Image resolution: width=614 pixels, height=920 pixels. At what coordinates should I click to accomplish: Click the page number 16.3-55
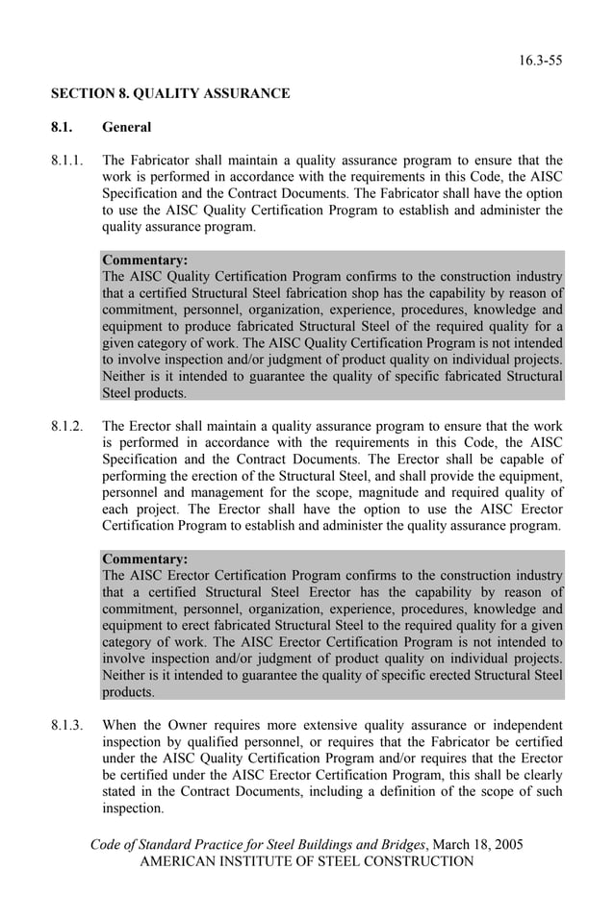(x=541, y=61)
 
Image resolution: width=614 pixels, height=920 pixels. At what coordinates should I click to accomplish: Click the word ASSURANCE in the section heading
(x=242, y=93)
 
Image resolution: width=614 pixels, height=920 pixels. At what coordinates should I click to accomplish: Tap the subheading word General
(x=126, y=127)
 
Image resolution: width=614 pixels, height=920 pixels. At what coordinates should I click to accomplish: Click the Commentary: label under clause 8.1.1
(x=144, y=260)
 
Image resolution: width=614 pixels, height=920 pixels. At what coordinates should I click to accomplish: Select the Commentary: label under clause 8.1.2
(x=144, y=559)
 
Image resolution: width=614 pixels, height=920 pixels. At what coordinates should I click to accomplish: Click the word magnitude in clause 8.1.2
(x=357, y=492)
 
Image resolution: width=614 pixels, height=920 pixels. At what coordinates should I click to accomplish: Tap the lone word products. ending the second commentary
(x=128, y=692)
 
